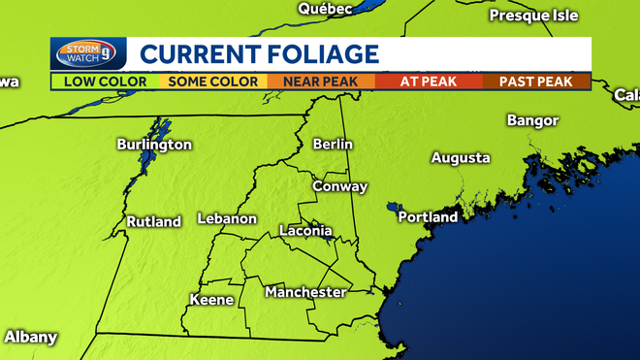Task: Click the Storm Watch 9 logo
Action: pos(87,54)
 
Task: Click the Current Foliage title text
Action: pos(258,53)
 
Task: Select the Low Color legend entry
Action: pos(105,82)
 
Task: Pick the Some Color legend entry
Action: pos(213,82)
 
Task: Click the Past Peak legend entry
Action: pos(536,82)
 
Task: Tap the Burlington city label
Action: pos(154,145)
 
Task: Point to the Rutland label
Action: pos(154,222)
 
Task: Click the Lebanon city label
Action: pos(227,219)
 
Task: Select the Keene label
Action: pos(211,300)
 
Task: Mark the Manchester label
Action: pos(305,292)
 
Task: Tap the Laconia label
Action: pos(305,232)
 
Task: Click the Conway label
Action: pos(340,186)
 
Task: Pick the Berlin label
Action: pos(333,145)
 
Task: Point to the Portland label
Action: pos(429,217)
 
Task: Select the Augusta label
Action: pos(461,158)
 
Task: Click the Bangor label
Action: pos(533,120)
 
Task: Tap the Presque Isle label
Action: pos(533,16)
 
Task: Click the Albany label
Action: pos(31,338)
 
